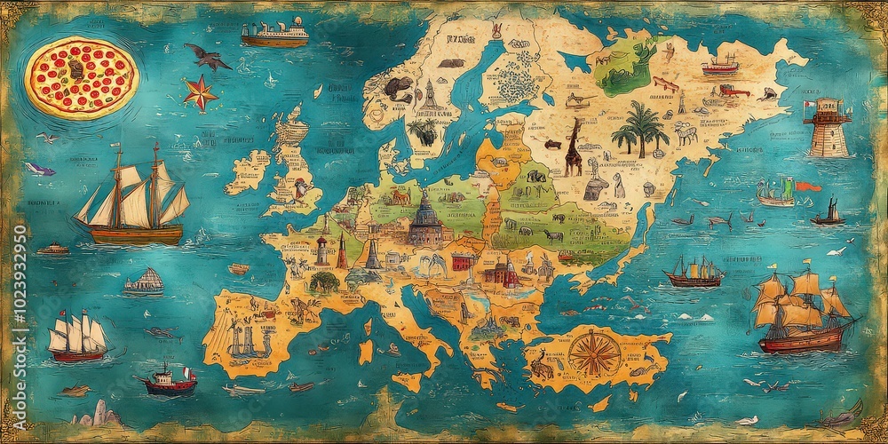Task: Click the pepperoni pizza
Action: coord(80,76)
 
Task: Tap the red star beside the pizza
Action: coord(201,92)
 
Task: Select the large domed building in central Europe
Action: coord(425,219)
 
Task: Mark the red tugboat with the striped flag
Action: coord(169,379)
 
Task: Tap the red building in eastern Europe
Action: coord(463,261)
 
